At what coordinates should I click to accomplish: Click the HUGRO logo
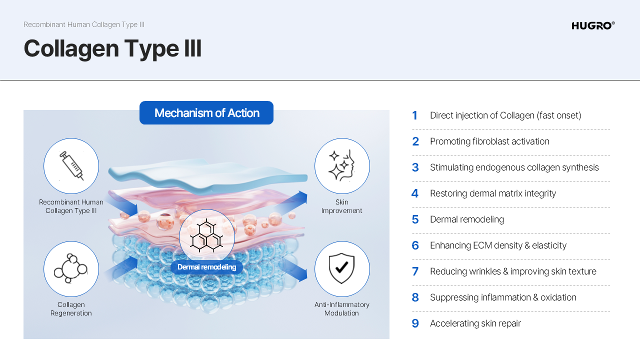click(x=593, y=25)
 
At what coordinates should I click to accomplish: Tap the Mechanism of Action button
click(x=206, y=113)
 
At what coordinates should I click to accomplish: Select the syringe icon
click(x=71, y=166)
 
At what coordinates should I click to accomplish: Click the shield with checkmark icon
click(x=341, y=268)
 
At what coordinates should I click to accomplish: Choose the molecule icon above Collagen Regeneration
click(x=70, y=268)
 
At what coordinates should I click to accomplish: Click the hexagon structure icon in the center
click(x=206, y=235)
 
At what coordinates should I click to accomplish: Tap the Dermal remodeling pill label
click(x=206, y=267)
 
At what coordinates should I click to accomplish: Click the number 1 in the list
click(x=414, y=115)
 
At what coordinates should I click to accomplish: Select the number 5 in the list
click(x=415, y=219)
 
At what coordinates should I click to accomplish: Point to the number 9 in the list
click(x=415, y=323)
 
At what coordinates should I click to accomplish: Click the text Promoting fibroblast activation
click(x=489, y=141)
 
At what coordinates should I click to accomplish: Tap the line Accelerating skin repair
click(x=475, y=323)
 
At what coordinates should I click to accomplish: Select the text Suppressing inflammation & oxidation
click(x=503, y=297)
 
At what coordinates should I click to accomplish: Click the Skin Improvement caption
click(x=341, y=206)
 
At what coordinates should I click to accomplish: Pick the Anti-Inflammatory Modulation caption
click(x=341, y=309)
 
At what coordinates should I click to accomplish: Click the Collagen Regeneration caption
click(x=71, y=309)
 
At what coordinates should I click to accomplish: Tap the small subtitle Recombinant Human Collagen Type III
click(x=84, y=24)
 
